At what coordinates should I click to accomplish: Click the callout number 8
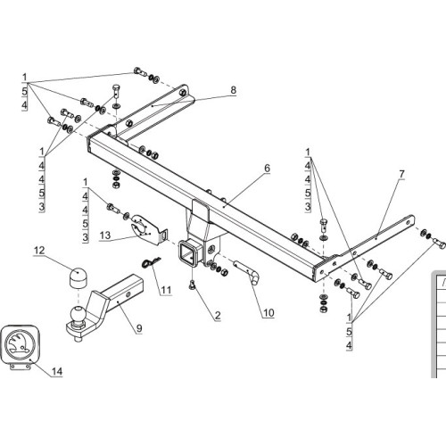234,89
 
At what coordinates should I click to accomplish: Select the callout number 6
267,168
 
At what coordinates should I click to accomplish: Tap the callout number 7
401,174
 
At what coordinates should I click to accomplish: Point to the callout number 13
105,235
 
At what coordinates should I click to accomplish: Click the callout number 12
39,250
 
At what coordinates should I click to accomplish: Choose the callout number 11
166,290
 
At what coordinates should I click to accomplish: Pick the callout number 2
218,315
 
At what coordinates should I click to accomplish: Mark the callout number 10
268,312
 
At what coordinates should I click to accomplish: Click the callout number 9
139,328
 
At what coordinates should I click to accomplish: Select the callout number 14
57,371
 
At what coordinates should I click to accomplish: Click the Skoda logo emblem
21,344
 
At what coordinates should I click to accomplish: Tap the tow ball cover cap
78,277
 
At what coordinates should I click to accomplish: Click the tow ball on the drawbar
78,316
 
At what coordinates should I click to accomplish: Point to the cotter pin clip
152,262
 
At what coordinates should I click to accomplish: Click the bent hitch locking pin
247,270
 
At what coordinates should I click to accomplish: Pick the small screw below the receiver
192,285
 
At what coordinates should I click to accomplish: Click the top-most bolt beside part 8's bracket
139,71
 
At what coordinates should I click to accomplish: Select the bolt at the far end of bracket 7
439,244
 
